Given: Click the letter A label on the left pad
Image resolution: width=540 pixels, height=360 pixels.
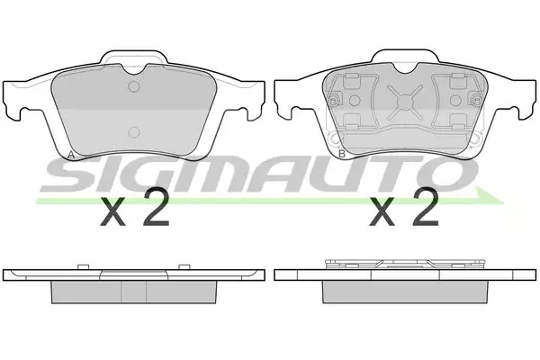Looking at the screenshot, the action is (71, 155).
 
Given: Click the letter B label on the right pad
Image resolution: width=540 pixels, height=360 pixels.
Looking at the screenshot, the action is (342, 154).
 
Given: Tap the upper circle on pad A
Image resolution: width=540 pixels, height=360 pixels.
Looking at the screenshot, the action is (133, 86).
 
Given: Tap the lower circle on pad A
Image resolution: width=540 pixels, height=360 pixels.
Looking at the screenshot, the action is (133, 132).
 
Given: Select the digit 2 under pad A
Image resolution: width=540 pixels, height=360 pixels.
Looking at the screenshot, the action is (156, 208).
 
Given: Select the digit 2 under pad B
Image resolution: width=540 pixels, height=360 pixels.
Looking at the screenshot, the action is (426, 208).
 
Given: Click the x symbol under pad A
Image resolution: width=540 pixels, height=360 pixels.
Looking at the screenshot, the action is (112, 212).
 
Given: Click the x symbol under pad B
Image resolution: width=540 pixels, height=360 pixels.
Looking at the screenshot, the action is (382, 212).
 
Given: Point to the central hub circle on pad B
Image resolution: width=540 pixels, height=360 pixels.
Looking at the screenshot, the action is (404, 102).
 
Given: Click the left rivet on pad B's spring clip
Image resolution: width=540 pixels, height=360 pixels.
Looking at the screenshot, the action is (333, 100).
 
